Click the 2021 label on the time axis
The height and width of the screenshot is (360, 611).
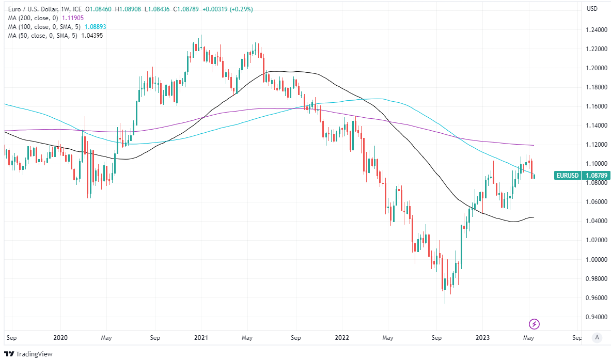tap(201, 338)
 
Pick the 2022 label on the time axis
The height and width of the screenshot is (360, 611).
tap(342, 338)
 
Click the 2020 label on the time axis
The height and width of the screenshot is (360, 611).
tap(60, 338)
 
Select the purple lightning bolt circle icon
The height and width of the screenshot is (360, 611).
tap(535, 324)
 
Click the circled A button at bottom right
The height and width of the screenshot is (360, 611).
tap(597, 338)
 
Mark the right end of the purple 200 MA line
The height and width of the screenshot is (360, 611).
tap(534, 145)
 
